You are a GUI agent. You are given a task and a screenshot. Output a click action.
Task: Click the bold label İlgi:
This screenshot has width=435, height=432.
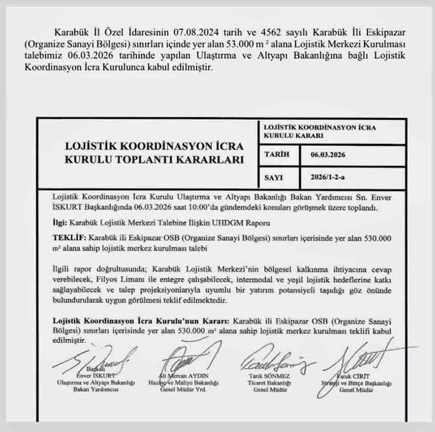[x=61, y=223]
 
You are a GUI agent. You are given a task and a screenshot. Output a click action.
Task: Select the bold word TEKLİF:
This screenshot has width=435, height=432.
[x=70, y=238]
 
